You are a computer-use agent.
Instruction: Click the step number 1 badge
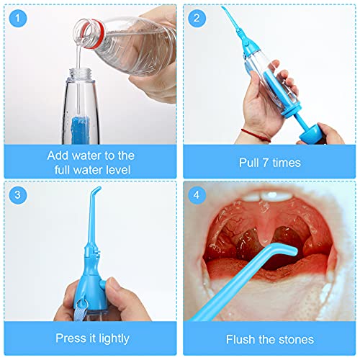tap(17, 18)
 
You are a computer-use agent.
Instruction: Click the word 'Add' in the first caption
tap(59, 155)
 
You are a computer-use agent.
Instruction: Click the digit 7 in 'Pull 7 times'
tap(262, 163)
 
